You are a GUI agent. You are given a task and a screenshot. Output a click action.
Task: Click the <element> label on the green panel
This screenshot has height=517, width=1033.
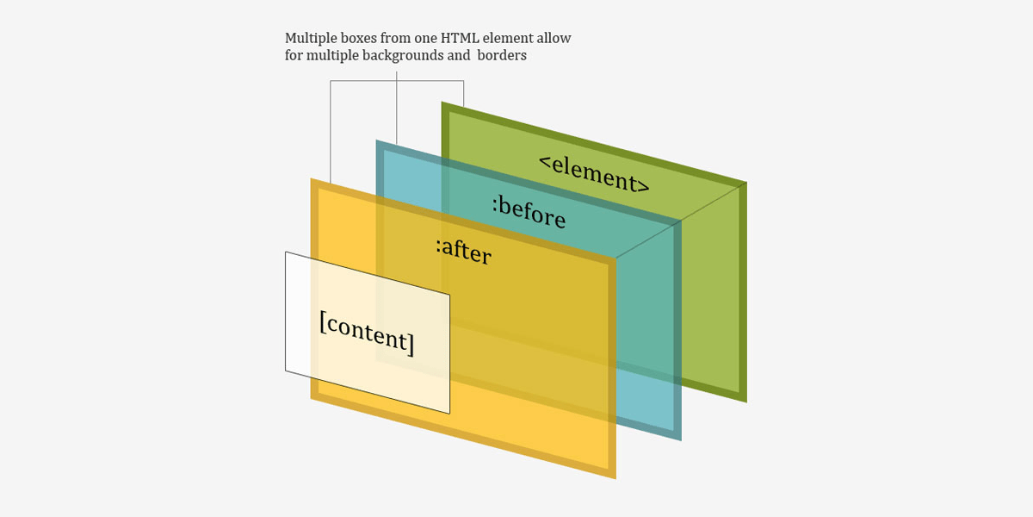point(595,174)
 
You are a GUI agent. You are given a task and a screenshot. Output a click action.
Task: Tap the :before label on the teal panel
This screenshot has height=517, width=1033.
point(529,213)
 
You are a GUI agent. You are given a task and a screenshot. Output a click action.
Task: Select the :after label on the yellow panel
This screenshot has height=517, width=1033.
point(463,251)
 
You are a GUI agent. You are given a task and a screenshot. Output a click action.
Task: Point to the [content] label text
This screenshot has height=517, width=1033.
point(367,333)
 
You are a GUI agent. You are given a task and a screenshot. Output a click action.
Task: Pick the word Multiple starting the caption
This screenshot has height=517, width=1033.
point(311,38)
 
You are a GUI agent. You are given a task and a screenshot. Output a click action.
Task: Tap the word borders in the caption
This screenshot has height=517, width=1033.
point(502,55)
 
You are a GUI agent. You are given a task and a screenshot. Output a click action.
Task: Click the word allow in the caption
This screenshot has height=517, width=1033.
point(554,38)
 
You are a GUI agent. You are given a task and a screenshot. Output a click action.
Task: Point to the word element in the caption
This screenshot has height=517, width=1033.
point(508,38)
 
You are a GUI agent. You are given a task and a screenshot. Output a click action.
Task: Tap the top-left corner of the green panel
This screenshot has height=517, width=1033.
point(442,102)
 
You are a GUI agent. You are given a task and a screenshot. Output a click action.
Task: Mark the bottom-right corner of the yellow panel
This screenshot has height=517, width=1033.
point(616,479)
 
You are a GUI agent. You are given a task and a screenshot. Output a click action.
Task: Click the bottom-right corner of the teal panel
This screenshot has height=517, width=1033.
point(681,440)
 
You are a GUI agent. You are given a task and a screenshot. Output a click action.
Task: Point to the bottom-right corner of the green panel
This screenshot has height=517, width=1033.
point(746,402)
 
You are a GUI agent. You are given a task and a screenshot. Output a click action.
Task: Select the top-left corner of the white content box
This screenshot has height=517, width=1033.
point(286,252)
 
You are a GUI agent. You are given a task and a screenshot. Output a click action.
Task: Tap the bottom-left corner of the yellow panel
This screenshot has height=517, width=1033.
point(311,399)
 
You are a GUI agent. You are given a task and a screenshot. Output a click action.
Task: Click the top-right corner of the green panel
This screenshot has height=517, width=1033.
point(746,183)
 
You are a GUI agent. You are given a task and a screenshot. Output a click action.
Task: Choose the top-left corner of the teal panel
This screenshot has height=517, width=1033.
point(376,140)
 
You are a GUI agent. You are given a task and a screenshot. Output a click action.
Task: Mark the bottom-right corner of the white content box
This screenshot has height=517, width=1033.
point(449,414)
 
